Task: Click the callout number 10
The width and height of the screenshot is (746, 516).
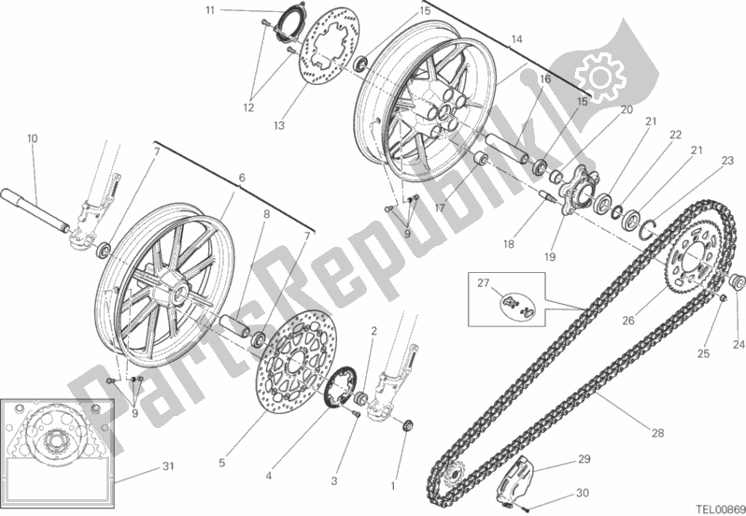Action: [x=33, y=139]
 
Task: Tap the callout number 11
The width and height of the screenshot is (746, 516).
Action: [x=211, y=10]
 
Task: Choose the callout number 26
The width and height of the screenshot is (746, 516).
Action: [x=628, y=320]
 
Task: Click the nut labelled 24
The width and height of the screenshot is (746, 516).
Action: [x=734, y=279]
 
